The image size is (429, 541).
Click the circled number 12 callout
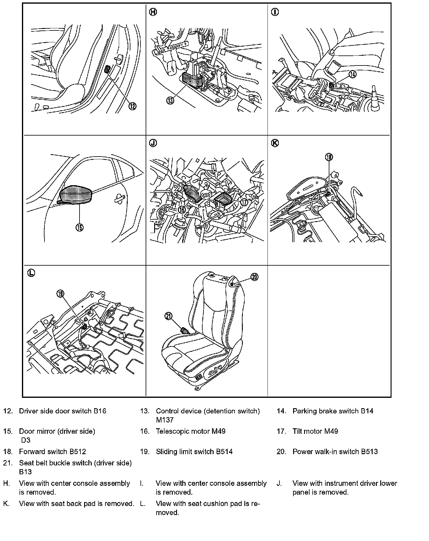(132, 106)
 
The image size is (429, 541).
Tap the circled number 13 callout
(170, 100)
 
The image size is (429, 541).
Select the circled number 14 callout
(353, 74)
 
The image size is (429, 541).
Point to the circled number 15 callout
(79, 227)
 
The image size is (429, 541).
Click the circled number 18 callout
(329, 157)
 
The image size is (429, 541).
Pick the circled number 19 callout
(60, 293)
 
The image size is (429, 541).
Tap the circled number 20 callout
(254, 277)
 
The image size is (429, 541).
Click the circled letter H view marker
(153, 12)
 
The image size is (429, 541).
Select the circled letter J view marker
(153, 143)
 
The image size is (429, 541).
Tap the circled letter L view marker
(31, 273)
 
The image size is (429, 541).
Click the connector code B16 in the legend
(100, 411)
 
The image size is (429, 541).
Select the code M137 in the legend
(165, 420)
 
